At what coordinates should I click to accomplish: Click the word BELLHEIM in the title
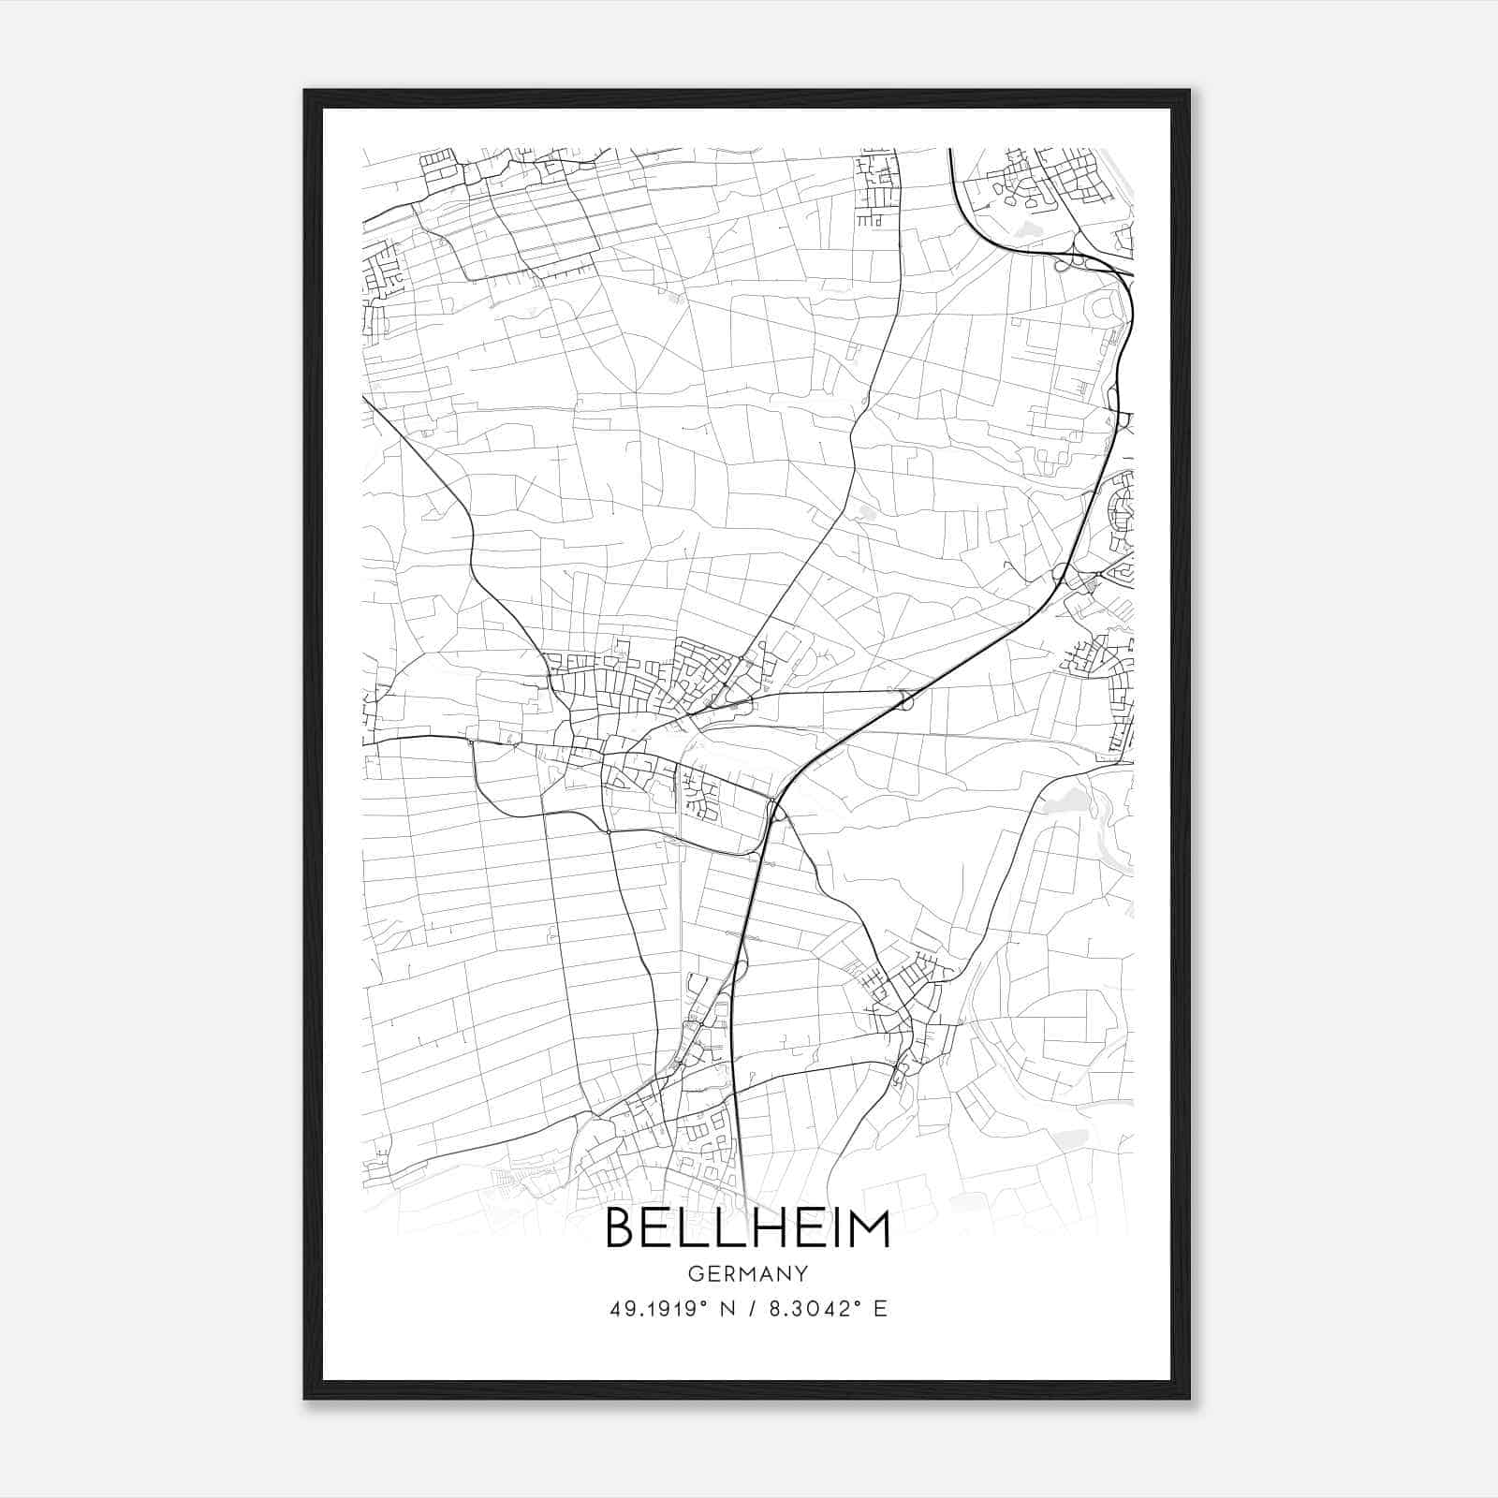tap(748, 1228)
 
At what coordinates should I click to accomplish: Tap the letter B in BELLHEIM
tap(623, 1228)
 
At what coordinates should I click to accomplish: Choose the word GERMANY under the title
tap(748, 1273)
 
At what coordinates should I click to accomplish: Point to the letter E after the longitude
tap(879, 1309)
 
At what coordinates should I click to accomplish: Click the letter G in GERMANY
tap(695, 1273)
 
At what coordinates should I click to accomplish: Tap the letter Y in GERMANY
tap(801, 1273)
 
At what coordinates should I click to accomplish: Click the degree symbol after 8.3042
tap(856, 1303)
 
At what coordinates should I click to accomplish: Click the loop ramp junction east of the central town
tap(904, 698)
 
